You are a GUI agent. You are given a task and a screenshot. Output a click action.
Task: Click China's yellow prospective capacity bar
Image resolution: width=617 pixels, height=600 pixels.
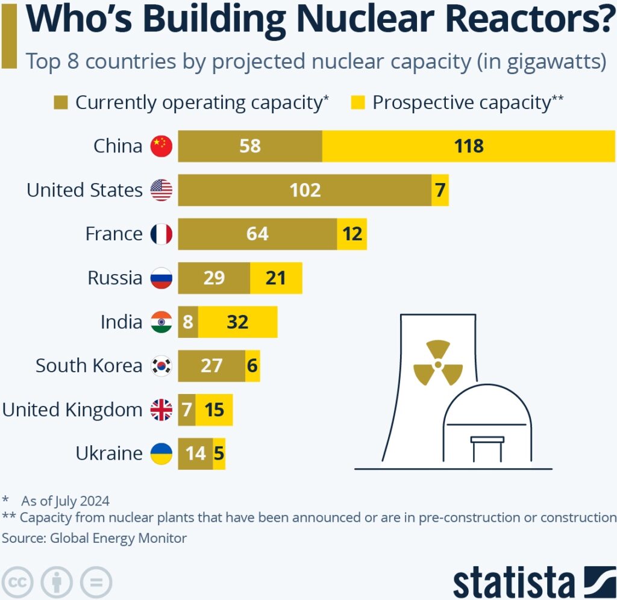469,146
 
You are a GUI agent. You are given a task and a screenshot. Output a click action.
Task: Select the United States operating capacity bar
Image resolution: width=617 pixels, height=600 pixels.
304,190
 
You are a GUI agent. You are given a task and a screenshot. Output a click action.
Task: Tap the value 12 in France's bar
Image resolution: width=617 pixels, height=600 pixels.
352,234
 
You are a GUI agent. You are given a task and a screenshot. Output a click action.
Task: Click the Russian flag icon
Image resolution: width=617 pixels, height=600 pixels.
161,278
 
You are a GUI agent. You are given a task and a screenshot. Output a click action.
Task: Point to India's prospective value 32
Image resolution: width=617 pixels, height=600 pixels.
237,322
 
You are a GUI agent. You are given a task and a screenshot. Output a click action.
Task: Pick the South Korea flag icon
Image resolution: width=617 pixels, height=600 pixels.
161,366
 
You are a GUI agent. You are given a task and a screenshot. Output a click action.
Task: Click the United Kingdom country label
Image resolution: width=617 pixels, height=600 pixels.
72,410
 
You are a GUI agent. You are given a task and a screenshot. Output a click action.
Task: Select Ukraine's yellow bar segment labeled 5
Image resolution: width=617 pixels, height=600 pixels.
219,454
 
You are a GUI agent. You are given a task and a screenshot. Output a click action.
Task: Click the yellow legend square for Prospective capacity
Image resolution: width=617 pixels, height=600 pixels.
359,102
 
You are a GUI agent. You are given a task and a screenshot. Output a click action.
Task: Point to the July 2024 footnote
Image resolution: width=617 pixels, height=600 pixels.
65,500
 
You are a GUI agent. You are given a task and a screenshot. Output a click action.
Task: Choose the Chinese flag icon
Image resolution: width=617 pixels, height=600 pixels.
161,146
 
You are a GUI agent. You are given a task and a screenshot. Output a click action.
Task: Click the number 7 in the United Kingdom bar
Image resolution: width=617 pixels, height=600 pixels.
187,410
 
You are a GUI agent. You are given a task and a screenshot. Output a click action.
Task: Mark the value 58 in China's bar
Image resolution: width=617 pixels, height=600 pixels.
249,146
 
